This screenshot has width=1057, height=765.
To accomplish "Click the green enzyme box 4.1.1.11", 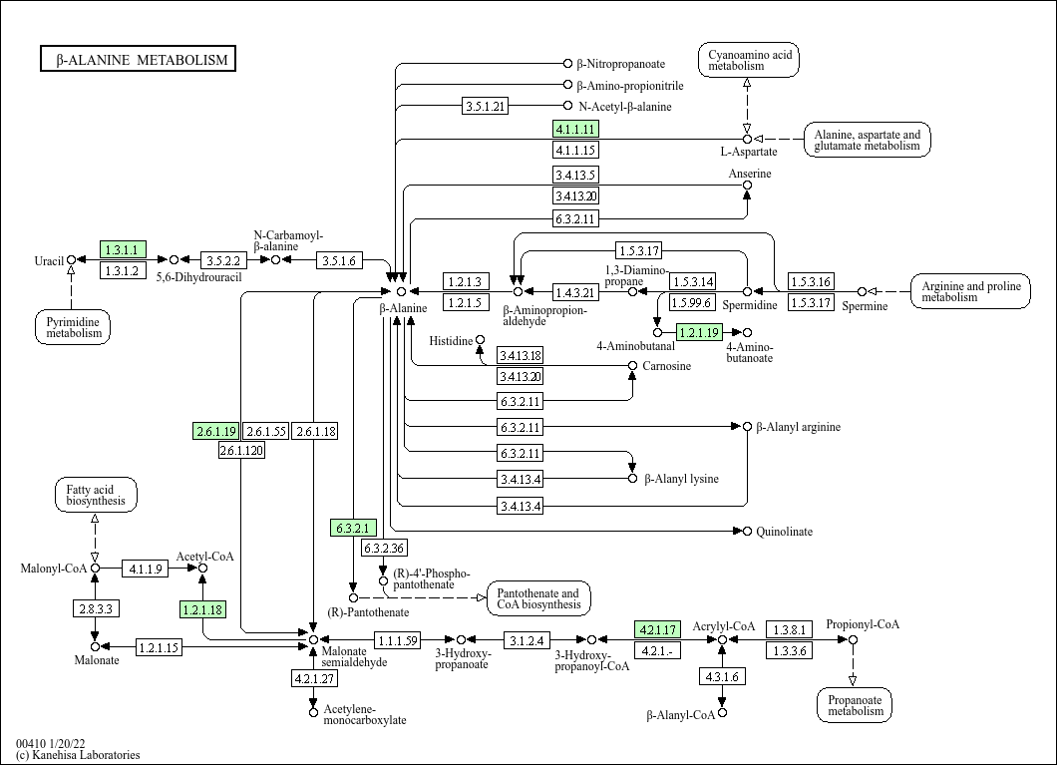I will (575, 129).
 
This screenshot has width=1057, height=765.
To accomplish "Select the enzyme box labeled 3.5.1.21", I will (487, 106).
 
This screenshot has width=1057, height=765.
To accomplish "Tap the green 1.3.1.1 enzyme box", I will (124, 249).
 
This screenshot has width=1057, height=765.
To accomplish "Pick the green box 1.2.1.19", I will (698, 332).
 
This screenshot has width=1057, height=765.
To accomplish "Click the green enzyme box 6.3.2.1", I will (353, 528).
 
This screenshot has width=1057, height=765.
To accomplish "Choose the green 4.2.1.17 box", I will (657, 629).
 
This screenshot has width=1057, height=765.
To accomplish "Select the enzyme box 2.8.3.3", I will (96, 607).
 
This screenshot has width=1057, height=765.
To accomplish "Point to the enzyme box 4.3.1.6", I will (722, 676).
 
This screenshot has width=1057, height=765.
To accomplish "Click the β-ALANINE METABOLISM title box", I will (138, 60).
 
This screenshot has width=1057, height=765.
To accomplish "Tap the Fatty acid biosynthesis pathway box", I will (96, 495).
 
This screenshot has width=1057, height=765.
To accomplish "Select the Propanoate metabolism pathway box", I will (855, 705).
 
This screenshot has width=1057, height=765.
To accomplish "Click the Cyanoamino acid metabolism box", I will (749, 60).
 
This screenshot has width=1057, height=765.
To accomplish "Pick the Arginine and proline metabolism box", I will (970, 291).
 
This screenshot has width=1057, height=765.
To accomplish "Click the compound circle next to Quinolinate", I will (748, 532).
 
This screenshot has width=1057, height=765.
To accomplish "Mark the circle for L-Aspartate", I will (747, 139).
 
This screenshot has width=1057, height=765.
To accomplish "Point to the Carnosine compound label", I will (666, 366).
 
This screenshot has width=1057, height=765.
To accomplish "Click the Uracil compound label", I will (49, 261).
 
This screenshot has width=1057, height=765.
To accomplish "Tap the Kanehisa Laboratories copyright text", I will (78, 755).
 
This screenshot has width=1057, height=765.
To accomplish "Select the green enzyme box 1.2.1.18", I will (202, 608).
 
